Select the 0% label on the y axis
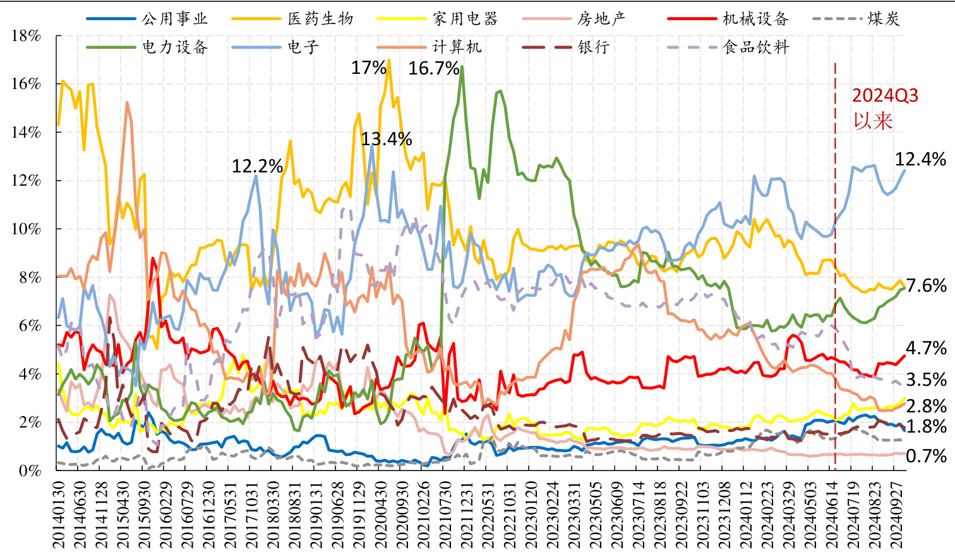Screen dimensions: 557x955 [30, 471]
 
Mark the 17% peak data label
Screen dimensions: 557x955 [369, 68]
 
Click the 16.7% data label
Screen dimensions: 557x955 [434, 69]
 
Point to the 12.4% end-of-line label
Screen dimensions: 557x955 [920, 159]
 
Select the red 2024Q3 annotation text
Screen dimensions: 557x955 [885, 96]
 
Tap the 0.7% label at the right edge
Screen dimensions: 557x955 [926, 456]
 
